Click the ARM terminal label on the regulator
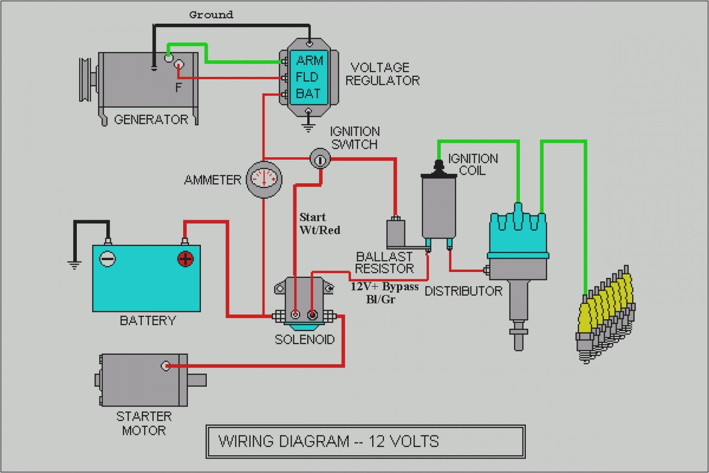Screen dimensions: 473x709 309,61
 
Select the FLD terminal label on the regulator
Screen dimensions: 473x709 307,77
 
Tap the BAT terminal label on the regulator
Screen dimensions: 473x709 308,94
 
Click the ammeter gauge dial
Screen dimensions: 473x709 264,179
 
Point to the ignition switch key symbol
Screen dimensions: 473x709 320,160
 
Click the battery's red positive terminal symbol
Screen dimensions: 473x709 186,259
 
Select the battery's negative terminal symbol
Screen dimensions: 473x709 108,259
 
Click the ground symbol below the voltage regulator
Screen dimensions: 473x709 308,128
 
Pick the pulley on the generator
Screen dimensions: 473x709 85,80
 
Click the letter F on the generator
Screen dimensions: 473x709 178,88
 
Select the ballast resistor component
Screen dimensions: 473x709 396,233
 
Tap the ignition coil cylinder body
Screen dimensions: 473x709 439,206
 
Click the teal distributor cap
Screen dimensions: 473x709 518,234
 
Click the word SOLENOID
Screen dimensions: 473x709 304,339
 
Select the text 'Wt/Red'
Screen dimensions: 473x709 320,230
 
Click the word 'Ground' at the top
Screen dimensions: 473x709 211,15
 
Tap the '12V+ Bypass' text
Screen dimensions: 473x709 385,287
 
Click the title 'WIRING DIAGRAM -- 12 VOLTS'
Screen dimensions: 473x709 328,441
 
